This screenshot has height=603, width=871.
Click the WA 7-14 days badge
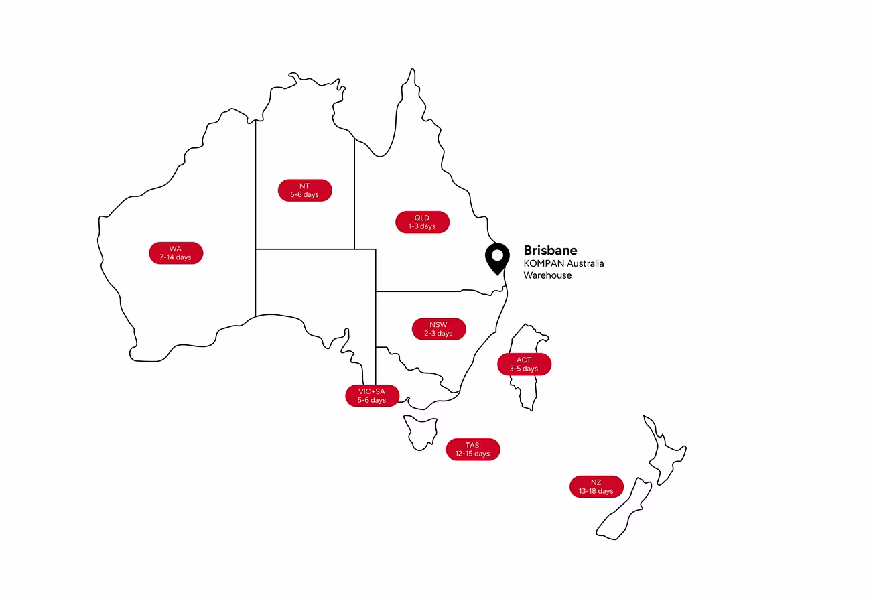[176, 253]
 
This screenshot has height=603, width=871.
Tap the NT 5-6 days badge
[305, 190]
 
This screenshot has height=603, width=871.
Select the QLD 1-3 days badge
[422, 222]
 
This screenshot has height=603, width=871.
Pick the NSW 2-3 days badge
[439, 329]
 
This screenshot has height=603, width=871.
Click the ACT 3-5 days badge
[524, 364]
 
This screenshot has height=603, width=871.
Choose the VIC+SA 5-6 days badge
[372, 395]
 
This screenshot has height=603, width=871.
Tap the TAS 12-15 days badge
[472, 449]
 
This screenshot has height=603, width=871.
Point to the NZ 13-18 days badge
[596, 487]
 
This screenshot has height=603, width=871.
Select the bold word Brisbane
[550, 251]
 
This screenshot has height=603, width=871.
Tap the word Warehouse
[547, 275]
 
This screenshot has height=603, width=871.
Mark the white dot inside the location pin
[496, 255]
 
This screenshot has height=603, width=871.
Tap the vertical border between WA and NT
[255, 201]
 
